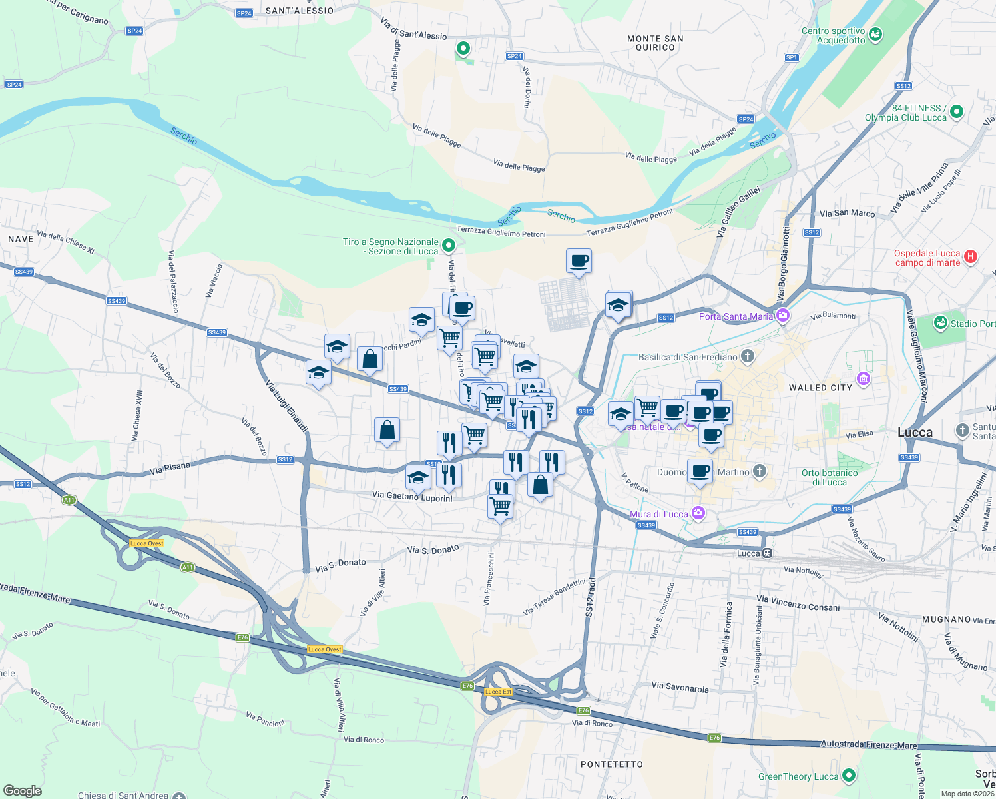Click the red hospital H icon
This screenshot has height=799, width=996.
pyautogui.click(x=971, y=256)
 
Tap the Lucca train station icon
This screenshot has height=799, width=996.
pyautogui.click(x=768, y=553)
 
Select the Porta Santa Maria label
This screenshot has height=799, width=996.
pyautogui.click(x=736, y=316)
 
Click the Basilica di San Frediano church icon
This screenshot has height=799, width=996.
pyautogui.click(x=748, y=356)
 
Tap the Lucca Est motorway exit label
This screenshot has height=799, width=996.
pyautogui.click(x=498, y=692)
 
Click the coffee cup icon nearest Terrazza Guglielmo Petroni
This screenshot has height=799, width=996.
pyautogui.click(x=579, y=261)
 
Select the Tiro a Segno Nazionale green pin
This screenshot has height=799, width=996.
pyautogui.click(x=449, y=246)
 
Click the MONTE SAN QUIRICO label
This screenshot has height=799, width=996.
pyautogui.click(x=655, y=43)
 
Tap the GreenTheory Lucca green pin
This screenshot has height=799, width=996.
pyautogui.click(x=848, y=776)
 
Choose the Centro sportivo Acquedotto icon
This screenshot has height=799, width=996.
pyautogui.click(x=875, y=33)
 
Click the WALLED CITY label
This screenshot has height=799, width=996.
pyautogui.click(x=820, y=388)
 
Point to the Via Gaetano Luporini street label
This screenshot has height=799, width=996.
pyautogui.click(x=412, y=496)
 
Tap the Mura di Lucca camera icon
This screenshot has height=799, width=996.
pyautogui.click(x=698, y=513)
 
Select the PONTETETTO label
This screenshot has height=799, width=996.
pyautogui.click(x=612, y=764)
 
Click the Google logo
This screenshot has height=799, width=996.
pyautogui.click(x=22, y=790)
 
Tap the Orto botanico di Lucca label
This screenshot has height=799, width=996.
pyautogui.click(x=829, y=477)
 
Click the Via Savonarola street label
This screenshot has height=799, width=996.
pyautogui.click(x=680, y=687)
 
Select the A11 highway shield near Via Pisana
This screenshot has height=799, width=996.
pyautogui.click(x=69, y=500)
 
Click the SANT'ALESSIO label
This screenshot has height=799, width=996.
pyautogui.click(x=300, y=11)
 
